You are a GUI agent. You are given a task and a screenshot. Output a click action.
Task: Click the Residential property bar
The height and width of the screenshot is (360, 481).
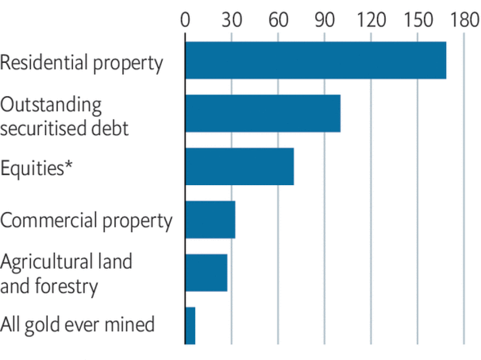coord(316,60)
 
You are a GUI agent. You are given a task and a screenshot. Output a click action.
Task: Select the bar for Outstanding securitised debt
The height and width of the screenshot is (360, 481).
coord(263,113)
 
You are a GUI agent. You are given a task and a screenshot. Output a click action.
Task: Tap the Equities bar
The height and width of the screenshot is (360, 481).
coord(240,166)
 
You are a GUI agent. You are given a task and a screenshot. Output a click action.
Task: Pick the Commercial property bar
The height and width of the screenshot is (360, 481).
coord(210,220)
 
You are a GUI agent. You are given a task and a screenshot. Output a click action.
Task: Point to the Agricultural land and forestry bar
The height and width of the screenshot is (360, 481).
coord(206,273)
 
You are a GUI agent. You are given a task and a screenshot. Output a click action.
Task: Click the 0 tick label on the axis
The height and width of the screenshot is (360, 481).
coord(185,20)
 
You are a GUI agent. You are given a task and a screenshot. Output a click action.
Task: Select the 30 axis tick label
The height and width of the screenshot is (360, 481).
coord(232,20)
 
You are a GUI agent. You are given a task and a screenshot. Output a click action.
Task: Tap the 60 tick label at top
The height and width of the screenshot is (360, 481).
coord(278,20)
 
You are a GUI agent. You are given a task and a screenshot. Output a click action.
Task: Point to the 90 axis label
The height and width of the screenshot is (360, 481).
coord(324,20)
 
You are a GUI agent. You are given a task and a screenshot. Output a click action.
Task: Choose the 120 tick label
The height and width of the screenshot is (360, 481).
coord(371,20)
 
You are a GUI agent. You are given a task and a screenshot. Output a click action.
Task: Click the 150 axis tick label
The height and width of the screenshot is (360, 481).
coord(417,20)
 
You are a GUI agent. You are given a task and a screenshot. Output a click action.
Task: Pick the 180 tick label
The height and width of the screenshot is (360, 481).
coord(463,20)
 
